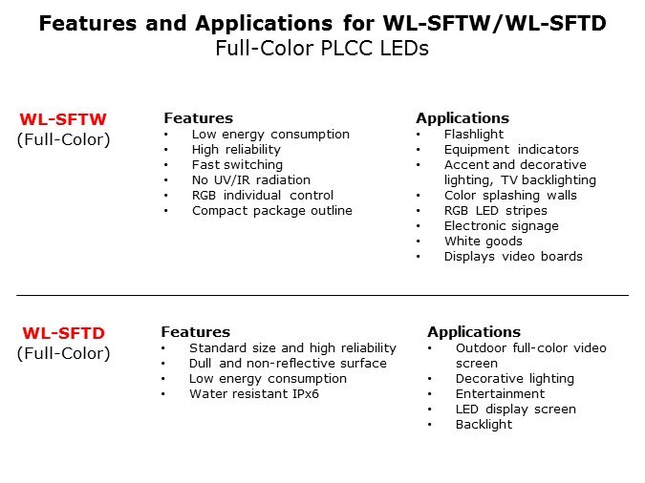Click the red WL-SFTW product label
pyautogui.click(x=63, y=119)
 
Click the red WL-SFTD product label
pyautogui.click(x=64, y=333)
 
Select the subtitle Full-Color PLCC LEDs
pyautogui.click(x=322, y=49)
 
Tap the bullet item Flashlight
pyautogui.click(x=473, y=135)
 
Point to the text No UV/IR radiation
pyautogui.click(x=251, y=180)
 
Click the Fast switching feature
pyautogui.click(x=237, y=165)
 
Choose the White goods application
pyautogui.click(x=484, y=241)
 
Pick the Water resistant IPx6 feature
pyautogui.click(x=254, y=394)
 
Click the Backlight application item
pyautogui.click(x=484, y=424)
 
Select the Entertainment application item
pyautogui.click(x=500, y=394)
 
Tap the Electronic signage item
pyautogui.click(x=502, y=226)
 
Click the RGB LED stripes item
pyautogui.click(x=496, y=211)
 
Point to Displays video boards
pyautogui.click(x=513, y=257)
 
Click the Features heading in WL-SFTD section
pyautogui.click(x=195, y=332)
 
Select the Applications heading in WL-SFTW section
pyautogui.click(x=462, y=118)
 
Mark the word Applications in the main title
pyautogui.click(x=264, y=24)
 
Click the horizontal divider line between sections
pyautogui.click(x=323, y=295)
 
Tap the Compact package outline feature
pyautogui.click(x=272, y=211)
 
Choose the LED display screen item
pyautogui.click(x=516, y=409)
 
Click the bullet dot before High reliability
pyautogui.click(x=166, y=150)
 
